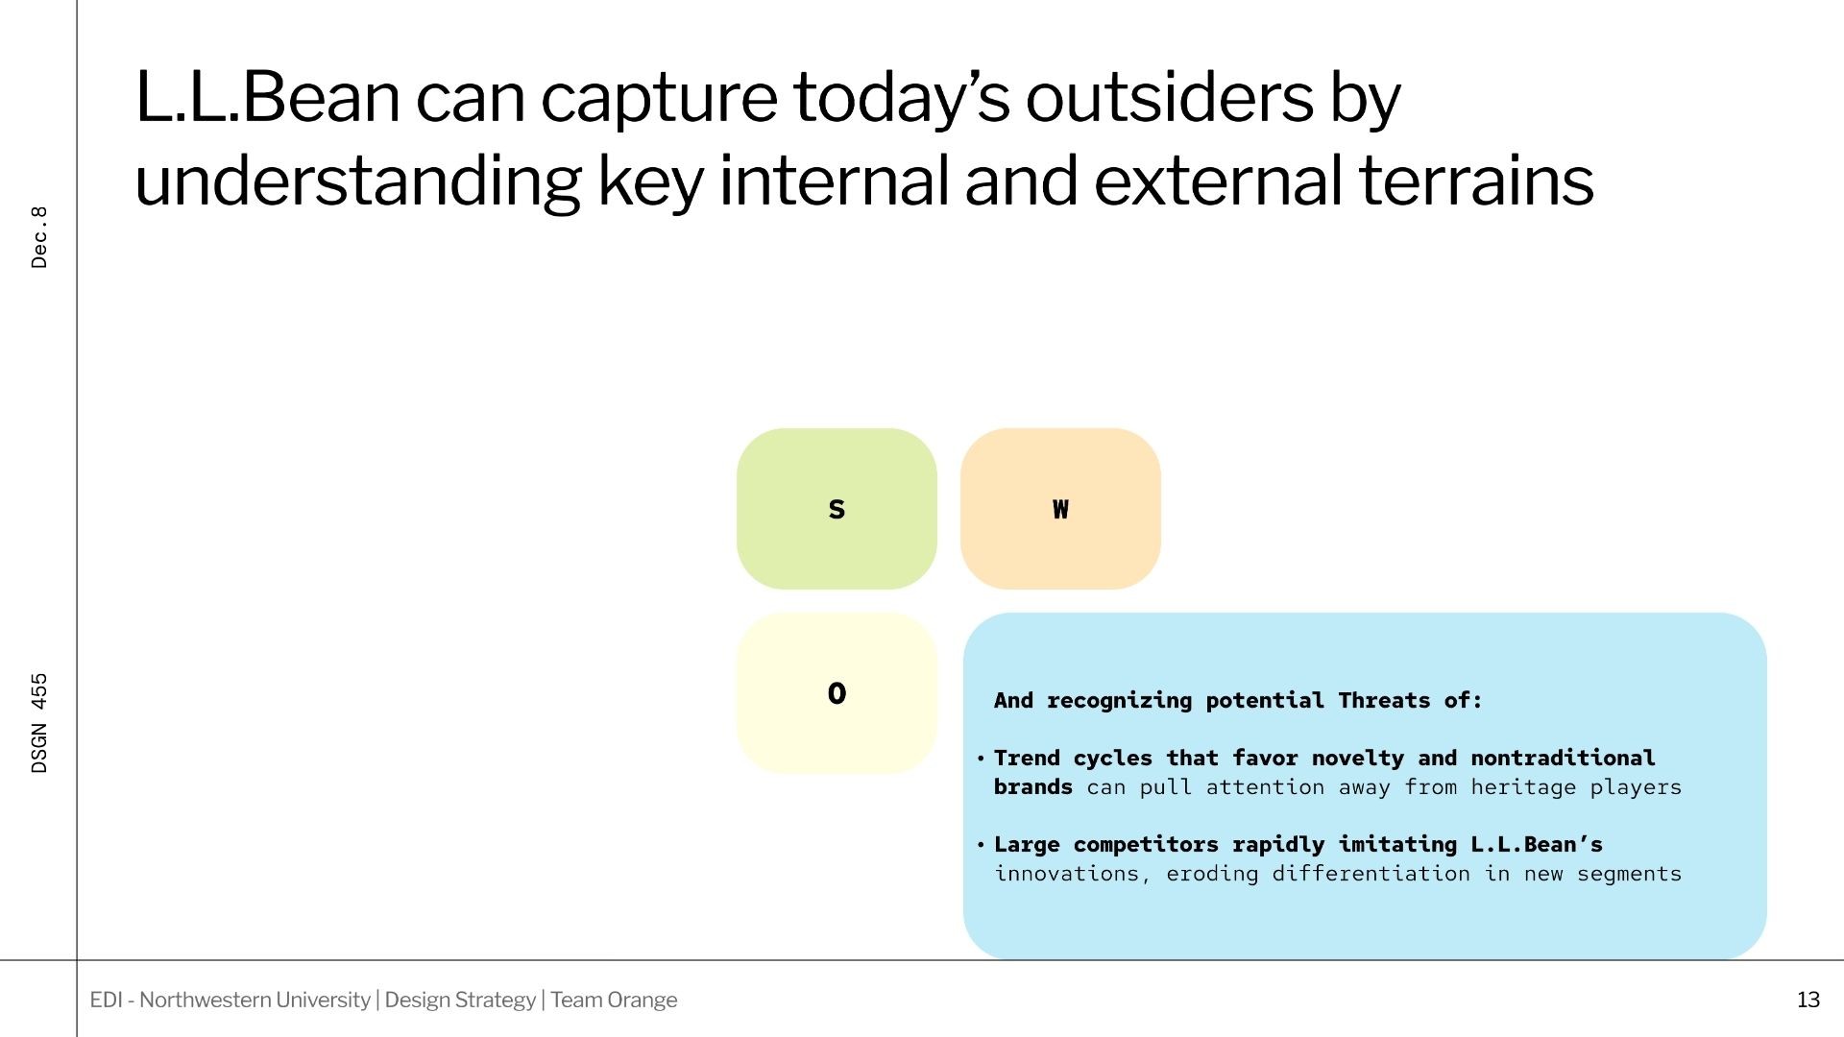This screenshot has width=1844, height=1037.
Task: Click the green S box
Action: tap(837, 509)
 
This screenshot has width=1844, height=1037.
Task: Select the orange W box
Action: tap(1060, 509)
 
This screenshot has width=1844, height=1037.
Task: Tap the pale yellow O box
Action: tap(837, 693)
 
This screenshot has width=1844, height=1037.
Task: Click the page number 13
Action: tap(1808, 1000)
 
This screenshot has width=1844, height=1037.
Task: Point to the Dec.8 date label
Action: tap(39, 237)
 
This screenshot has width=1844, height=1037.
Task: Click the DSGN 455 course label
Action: tap(39, 723)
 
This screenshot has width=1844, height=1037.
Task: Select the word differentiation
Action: tap(1371, 874)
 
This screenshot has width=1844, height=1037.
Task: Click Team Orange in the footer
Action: tap(614, 1000)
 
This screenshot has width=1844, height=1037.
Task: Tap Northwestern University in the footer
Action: tap(255, 1000)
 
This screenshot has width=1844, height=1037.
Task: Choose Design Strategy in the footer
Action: tap(460, 1000)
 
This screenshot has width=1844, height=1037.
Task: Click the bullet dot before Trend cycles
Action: tap(981, 759)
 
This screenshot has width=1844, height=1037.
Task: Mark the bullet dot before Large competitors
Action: tap(981, 845)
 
